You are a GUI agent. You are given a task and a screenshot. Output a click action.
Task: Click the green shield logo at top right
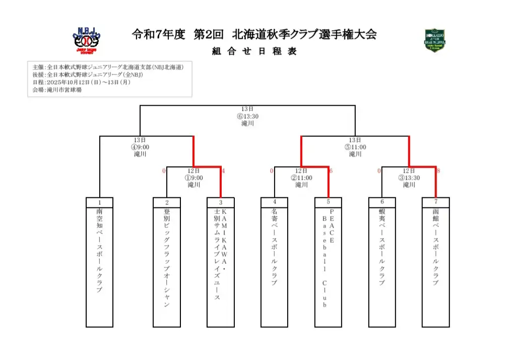[435, 41]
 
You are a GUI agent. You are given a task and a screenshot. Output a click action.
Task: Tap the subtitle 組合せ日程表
[254, 51]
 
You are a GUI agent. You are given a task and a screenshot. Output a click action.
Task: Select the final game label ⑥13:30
[247, 116]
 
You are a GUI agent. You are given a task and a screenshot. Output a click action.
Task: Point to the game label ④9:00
[140, 147]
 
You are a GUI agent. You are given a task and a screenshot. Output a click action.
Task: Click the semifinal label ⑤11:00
[355, 147]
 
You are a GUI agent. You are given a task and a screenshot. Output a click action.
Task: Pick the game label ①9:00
[194, 178]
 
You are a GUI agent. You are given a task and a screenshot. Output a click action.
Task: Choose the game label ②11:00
[301, 178]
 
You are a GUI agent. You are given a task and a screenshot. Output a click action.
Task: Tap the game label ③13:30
[409, 178]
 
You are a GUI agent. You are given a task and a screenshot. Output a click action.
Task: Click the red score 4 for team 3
[224, 171]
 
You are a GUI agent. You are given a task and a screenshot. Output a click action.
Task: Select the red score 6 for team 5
[331, 171]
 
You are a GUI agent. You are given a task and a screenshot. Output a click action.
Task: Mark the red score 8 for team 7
[438, 171]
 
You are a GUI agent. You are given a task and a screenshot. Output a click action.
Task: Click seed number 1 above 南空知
[100, 202]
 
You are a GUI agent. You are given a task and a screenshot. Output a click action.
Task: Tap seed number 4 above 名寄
[275, 202]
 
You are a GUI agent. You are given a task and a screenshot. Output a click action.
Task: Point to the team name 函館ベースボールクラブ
[435, 247]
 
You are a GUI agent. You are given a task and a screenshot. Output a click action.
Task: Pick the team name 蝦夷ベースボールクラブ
[382, 247]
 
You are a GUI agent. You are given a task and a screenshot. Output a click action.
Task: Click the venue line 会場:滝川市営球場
[57, 90]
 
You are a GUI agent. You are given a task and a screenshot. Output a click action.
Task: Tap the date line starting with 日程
[81, 82]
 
